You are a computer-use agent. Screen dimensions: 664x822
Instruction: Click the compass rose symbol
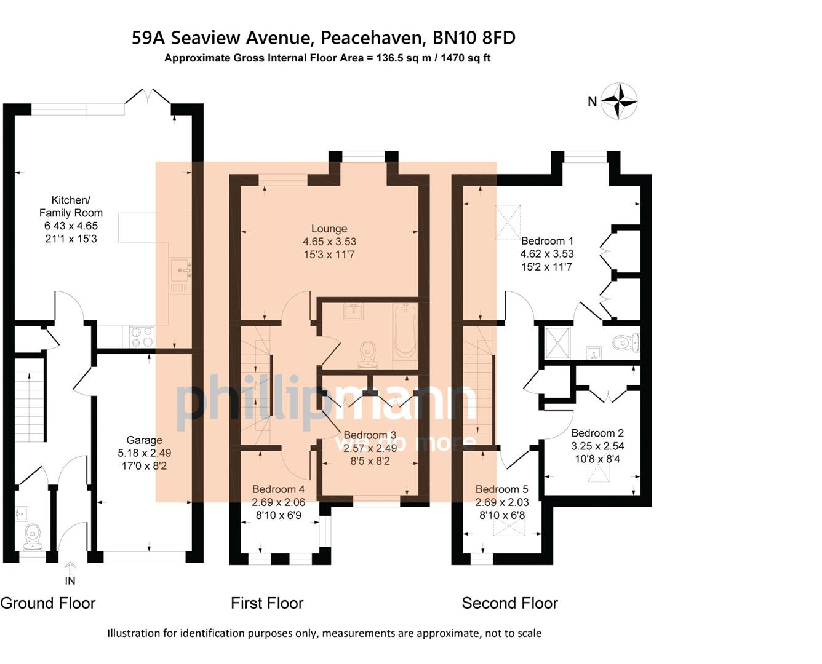point(618,100)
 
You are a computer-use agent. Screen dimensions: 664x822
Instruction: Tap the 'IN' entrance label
point(70,581)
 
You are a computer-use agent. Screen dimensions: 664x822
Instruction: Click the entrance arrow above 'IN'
point(70,567)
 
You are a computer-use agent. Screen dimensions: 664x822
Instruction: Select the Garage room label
point(144,440)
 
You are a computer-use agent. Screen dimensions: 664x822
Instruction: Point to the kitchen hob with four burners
point(142,336)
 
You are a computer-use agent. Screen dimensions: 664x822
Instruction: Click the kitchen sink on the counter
point(180,269)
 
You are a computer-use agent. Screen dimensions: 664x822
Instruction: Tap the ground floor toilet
point(32,537)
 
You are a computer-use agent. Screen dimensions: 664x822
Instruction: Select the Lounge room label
point(329,229)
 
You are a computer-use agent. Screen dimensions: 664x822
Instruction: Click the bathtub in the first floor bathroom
point(405,331)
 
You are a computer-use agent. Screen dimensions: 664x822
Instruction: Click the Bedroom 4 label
point(278,489)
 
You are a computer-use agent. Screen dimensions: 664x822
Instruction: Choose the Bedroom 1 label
point(547,241)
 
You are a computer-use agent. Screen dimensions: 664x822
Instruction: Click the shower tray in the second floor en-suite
point(557,343)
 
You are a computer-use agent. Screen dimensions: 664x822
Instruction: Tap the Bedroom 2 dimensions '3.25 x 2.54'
point(597,446)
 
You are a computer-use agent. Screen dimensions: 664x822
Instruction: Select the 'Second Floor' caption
point(509,603)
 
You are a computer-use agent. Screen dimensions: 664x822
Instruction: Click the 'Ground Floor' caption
point(48,603)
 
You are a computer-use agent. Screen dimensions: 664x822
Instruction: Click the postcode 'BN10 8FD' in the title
point(474,38)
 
